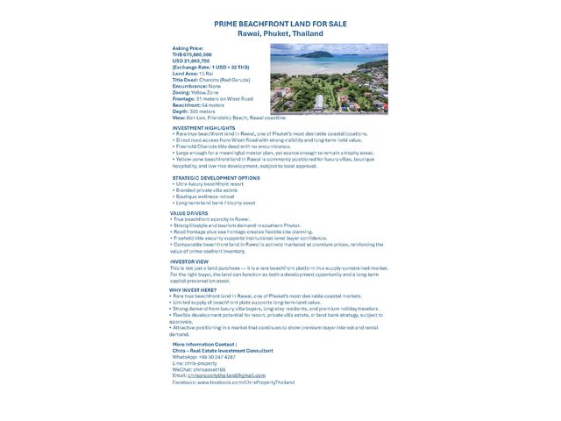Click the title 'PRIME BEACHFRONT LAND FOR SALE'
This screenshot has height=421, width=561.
(280, 25)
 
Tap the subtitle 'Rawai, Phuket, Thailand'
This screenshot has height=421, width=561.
(280, 33)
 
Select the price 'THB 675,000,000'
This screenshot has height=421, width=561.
(193, 54)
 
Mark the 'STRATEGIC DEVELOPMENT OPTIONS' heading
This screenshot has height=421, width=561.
(216, 178)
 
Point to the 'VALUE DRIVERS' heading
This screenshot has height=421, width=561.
(188, 212)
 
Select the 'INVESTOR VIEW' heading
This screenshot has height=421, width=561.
(189, 261)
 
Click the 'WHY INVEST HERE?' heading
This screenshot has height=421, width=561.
(193, 289)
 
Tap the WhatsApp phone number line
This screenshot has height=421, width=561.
(204, 357)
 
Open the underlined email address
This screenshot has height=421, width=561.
(226, 375)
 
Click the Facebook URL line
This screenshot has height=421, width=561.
(233, 382)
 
